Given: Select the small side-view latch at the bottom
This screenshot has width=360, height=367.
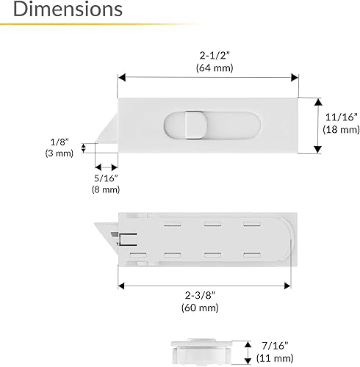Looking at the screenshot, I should pos(198,350).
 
